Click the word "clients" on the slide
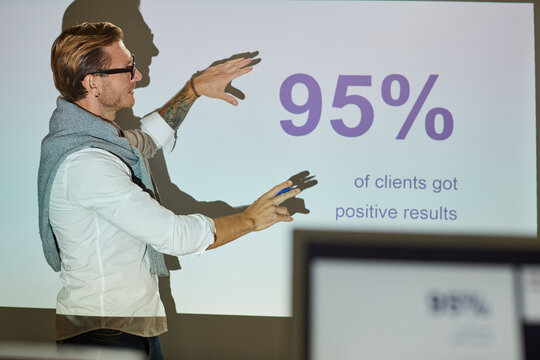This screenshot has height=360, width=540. [x=400, y=183]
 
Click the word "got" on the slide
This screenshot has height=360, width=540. [x=445, y=184]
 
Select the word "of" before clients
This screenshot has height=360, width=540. [x=361, y=182]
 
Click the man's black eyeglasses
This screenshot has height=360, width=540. [x=118, y=70]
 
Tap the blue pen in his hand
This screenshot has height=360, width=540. [x=285, y=190]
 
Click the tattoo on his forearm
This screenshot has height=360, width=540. [x=177, y=110]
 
